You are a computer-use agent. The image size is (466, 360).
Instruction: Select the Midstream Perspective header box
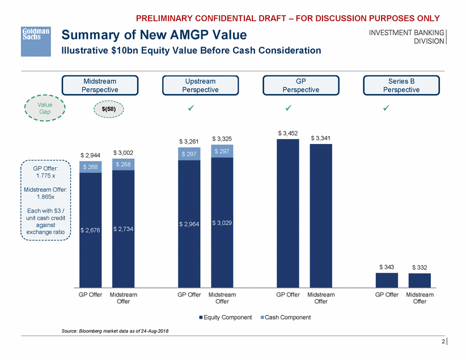coord(100,86)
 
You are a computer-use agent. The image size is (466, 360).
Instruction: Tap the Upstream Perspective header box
coord(200,86)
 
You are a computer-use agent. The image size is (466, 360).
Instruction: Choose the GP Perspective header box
coord(301,86)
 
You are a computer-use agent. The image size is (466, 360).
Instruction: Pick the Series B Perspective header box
coord(401,86)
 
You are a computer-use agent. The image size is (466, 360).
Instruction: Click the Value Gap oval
coord(44,108)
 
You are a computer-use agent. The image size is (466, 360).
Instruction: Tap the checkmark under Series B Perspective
coord(386,108)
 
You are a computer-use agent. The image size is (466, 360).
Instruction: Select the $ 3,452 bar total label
coord(287,133)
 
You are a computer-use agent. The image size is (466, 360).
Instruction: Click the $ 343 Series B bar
coord(387,280)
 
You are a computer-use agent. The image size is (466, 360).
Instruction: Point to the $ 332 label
coord(420,267)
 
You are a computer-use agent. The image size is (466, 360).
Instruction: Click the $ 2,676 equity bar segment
coord(91,230)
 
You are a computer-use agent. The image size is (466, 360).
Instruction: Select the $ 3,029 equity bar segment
coord(222,223)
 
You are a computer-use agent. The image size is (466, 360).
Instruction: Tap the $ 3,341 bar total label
coord(321,138)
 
